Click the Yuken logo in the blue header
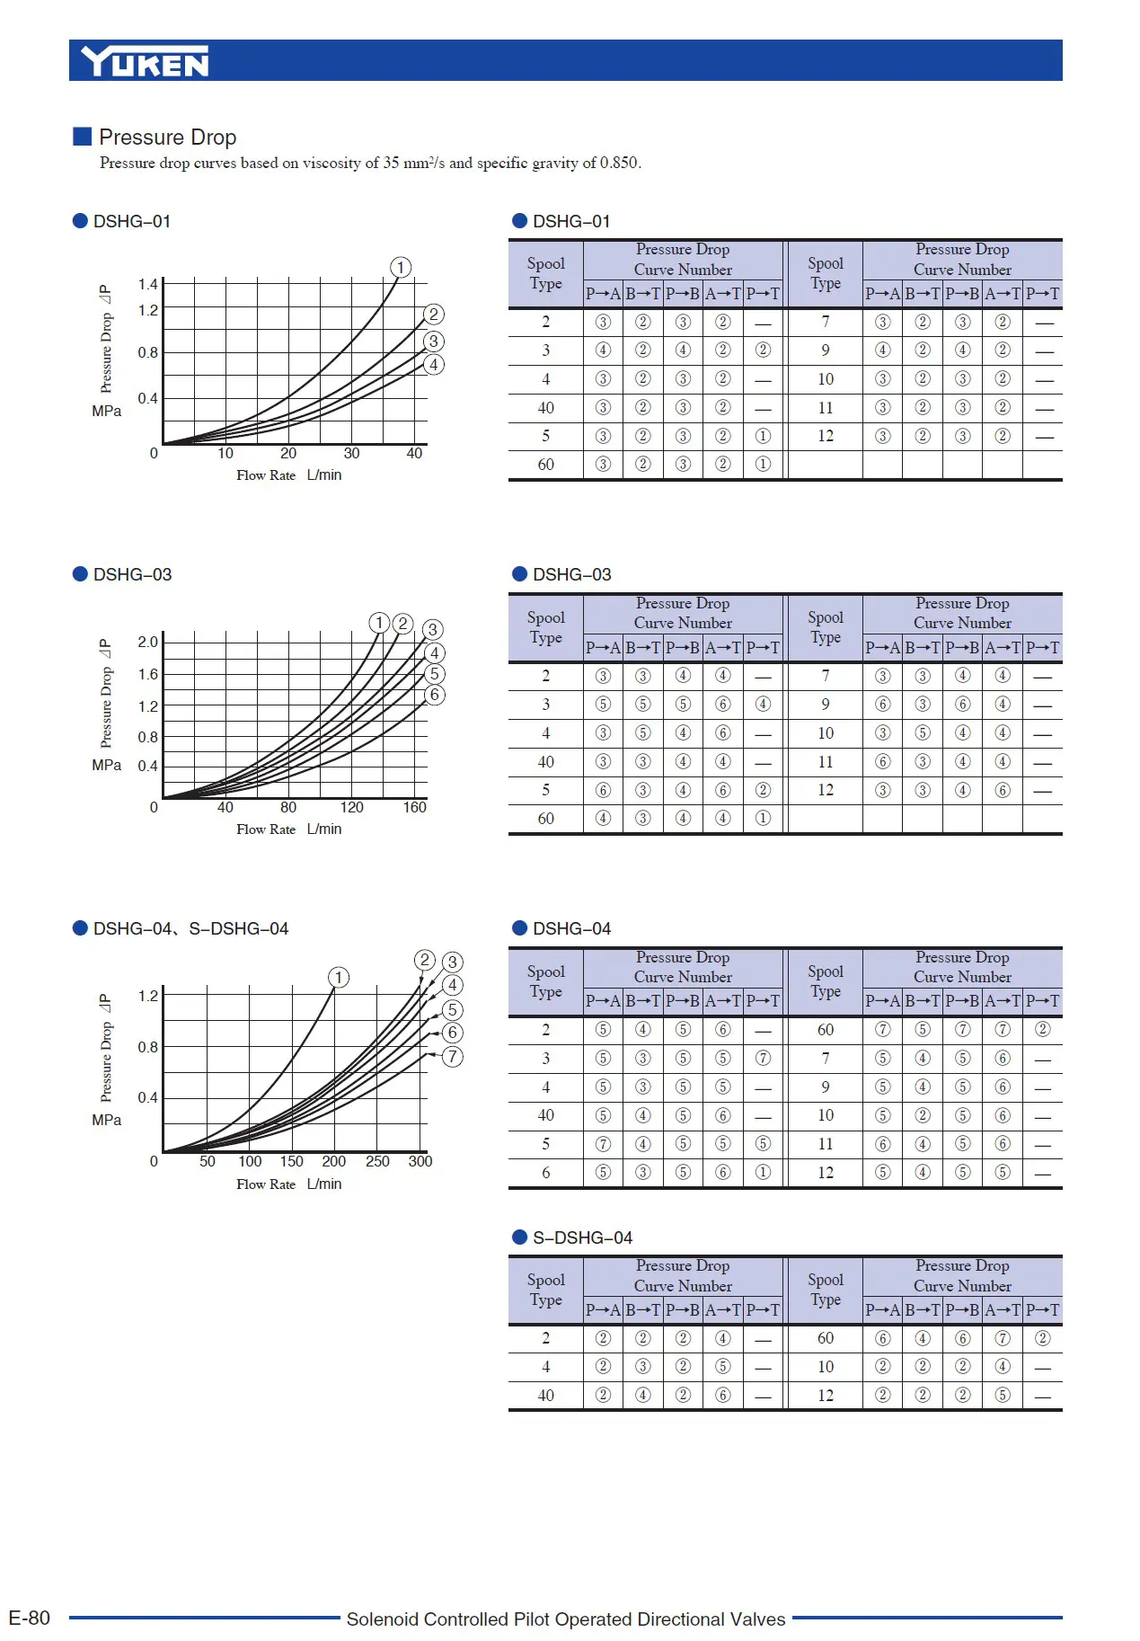145,61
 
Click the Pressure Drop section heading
167,137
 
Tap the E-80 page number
29,1619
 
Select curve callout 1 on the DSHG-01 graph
401,268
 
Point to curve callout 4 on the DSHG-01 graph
434,365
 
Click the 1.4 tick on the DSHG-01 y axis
147,285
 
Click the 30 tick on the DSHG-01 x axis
351,454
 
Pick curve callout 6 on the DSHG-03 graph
435,695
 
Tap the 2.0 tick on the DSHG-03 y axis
147,642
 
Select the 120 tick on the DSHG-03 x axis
352,808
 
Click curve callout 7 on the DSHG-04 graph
453,1057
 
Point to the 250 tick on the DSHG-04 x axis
377,1162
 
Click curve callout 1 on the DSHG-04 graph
339,978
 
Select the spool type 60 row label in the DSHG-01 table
546,465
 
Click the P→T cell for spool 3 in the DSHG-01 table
763,350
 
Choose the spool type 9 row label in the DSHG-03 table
826,705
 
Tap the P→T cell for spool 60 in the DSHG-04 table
1042,1030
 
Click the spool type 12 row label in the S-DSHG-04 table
826,1396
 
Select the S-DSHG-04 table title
582,1238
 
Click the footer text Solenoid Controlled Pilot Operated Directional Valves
566,1619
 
